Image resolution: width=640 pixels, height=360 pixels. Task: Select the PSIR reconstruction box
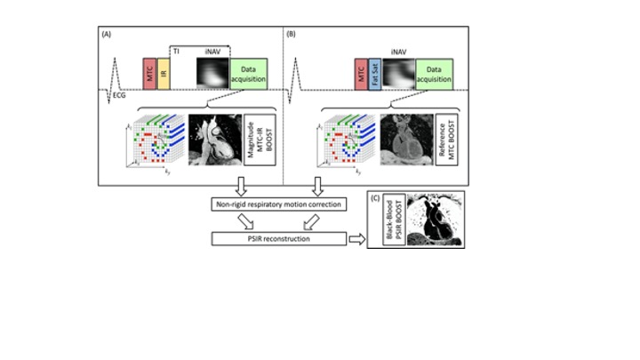[x=278, y=238]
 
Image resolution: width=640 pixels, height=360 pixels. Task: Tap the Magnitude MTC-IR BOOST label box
[x=255, y=142]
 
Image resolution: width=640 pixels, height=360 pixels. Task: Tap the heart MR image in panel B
[x=405, y=142]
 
